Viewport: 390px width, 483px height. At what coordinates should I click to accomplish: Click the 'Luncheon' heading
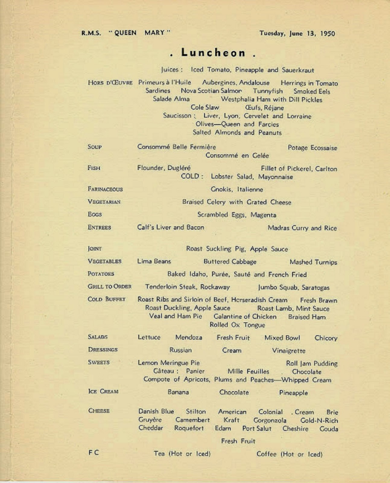click(213, 53)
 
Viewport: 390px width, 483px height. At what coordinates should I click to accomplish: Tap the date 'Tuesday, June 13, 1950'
click(297, 33)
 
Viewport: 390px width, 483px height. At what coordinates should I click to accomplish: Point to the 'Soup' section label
click(94, 147)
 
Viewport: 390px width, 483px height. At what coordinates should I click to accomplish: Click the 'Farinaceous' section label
click(105, 189)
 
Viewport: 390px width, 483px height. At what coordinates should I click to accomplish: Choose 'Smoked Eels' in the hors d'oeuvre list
click(312, 91)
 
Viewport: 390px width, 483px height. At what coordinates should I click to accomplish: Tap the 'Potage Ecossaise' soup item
click(312, 148)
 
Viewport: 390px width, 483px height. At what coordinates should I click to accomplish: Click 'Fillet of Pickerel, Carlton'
click(299, 169)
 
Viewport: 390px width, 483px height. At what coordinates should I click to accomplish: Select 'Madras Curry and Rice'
click(302, 228)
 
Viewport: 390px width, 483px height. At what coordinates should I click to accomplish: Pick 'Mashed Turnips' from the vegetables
click(313, 262)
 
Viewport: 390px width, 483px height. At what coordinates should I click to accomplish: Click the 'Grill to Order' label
click(109, 286)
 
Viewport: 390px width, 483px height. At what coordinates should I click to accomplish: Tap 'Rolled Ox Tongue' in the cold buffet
click(237, 325)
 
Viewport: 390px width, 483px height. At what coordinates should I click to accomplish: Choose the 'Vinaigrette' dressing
click(288, 351)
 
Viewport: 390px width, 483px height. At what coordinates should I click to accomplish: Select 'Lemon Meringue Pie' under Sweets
click(169, 363)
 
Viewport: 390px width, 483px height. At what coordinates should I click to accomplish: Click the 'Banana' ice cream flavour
click(178, 392)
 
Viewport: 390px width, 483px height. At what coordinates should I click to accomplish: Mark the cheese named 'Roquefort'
click(189, 428)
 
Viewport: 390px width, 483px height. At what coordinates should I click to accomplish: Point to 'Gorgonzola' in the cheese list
click(270, 420)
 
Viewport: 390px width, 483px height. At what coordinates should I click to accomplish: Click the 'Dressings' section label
click(103, 350)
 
